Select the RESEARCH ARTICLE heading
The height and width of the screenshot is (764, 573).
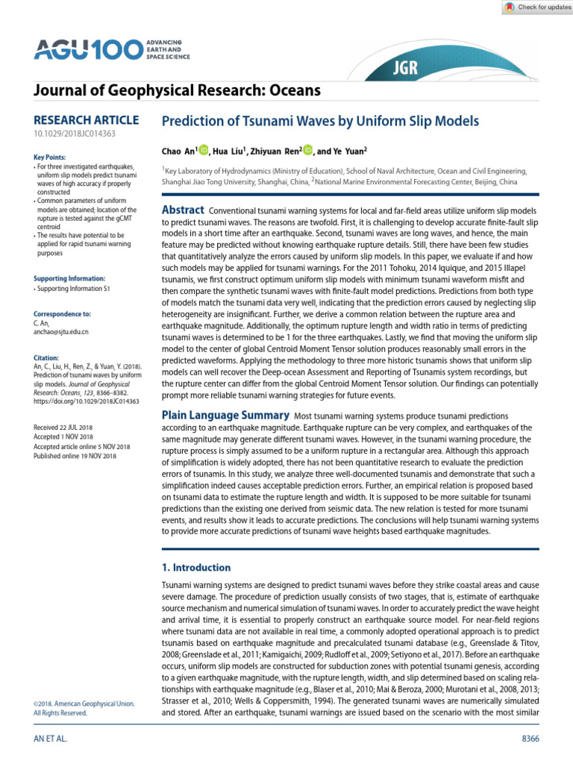[x=86, y=120]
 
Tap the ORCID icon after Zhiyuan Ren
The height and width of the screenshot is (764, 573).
[x=309, y=151]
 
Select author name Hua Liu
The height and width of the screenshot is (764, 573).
[x=229, y=152]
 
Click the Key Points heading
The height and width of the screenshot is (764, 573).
[x=50, y=157]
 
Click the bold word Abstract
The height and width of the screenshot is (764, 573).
[x=184, y=211]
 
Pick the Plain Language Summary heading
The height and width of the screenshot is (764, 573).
[x=225, y=415]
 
